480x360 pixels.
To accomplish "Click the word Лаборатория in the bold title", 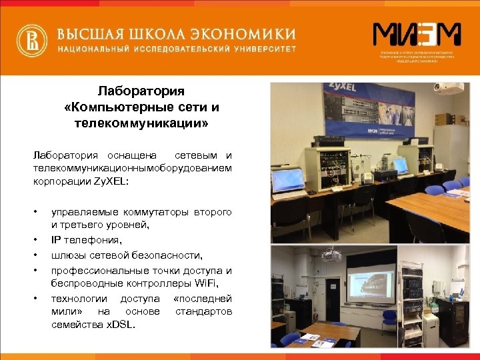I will click(141, 90).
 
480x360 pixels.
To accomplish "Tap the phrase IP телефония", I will click(86, 240).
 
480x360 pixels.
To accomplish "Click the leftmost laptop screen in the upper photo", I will click(289, 177).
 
